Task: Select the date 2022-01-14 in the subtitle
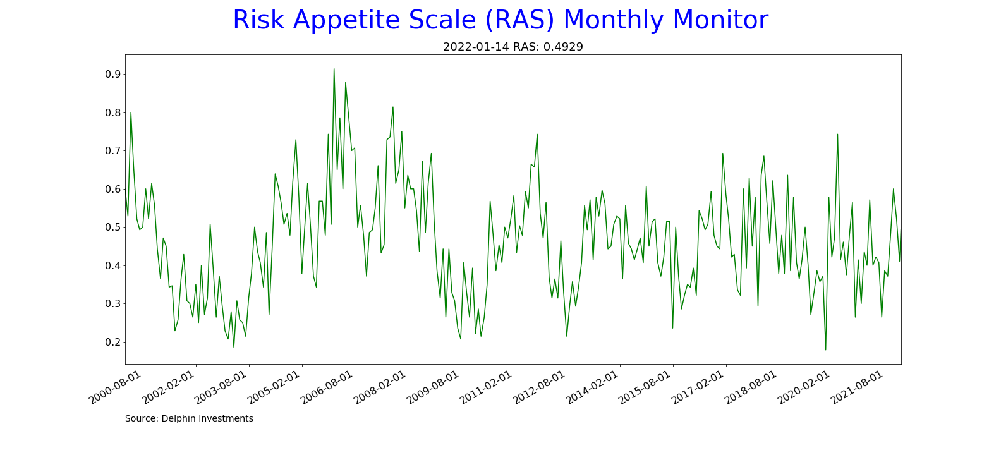coord(476,47)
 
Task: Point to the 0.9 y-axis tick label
coord(112,75)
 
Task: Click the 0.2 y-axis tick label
coord(112,343)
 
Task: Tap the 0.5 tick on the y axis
coord(112,227)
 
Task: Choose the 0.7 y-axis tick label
coord(112,151)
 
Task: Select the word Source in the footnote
coord(142,419)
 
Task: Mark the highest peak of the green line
coord(334,69)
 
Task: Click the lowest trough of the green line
coord(825,349)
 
